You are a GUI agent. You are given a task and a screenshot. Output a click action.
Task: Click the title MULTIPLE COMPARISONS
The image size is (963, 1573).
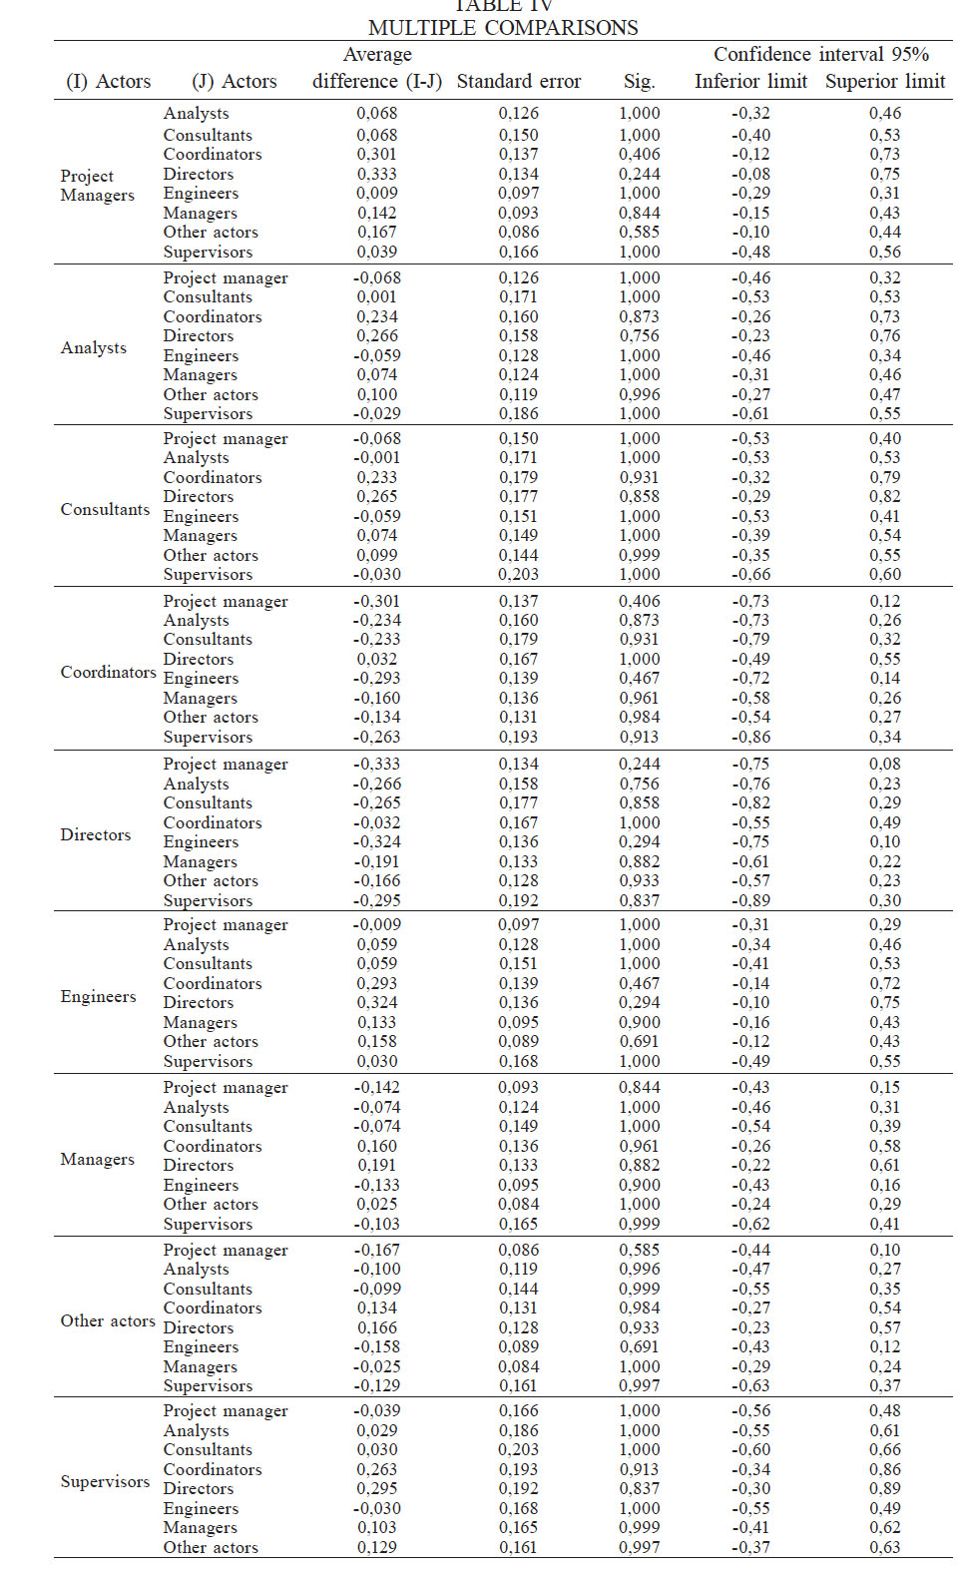[503, 28]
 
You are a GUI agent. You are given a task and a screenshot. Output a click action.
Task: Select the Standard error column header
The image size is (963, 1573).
[518, 82]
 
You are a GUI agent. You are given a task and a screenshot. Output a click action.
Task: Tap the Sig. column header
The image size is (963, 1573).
[639, 82]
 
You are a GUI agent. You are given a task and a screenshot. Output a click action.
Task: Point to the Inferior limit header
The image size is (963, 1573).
[750, 82]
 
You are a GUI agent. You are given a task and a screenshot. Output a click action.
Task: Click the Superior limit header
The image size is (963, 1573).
[884, 82]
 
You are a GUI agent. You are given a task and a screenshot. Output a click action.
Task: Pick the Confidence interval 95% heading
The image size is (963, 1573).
[820, 55]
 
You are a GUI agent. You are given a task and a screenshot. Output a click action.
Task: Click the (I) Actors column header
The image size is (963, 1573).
[108, 82]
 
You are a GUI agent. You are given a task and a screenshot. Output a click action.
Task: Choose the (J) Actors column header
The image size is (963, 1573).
[234, 82]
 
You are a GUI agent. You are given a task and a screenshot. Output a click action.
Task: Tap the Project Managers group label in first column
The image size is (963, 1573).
[97, 186]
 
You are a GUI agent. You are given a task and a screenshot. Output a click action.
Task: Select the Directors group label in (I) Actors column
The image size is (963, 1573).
[96, 834]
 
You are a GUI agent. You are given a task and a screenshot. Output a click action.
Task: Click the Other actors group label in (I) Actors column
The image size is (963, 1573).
[108, 1320]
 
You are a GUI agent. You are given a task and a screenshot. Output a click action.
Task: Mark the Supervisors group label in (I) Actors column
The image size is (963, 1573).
[105, 1481]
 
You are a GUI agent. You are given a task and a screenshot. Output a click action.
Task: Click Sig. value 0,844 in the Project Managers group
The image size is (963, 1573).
[639, 213]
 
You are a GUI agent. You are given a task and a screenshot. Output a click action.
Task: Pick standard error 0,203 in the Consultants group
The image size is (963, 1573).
[518, 574]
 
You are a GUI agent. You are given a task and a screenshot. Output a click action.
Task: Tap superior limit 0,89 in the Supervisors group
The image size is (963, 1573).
[884, 1488]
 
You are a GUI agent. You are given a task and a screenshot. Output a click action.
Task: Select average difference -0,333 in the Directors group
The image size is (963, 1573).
[376, 764]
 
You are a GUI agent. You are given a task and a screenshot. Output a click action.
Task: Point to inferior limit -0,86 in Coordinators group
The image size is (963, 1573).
[750, 737]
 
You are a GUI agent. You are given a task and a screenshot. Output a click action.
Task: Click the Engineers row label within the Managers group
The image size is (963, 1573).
[201, 1185]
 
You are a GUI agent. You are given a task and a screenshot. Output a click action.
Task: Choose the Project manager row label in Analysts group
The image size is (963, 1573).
[226, 277]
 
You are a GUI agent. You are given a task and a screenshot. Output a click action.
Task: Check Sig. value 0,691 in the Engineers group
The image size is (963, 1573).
[639, 1041]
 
